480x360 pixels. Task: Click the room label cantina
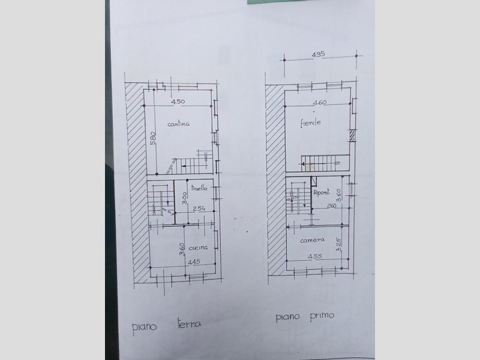point(178,124)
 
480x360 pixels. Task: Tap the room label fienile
point(310,123)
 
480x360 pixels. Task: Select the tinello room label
point(199,188)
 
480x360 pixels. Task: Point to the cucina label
point(198,247)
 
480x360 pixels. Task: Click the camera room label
point(312,240)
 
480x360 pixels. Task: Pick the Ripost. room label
point(322,193)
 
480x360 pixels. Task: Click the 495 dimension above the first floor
point(318,54)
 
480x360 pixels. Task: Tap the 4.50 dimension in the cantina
point(178,101)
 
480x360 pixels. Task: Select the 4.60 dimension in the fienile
point(320,102)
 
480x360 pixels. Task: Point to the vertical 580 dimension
point(153,138)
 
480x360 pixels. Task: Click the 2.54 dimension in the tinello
point(199,208)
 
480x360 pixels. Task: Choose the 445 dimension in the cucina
point(194,262)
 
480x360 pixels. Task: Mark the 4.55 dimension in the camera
point(314,256)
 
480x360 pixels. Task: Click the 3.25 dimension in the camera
point(338,245)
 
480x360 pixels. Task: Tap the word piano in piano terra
point(144,327)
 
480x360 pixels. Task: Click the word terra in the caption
point(190,323)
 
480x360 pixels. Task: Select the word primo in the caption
point(322,316)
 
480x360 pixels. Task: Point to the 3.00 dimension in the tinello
point(184,198)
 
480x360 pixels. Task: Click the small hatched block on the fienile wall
point(353,136)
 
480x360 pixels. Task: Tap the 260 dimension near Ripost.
point(332,206)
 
